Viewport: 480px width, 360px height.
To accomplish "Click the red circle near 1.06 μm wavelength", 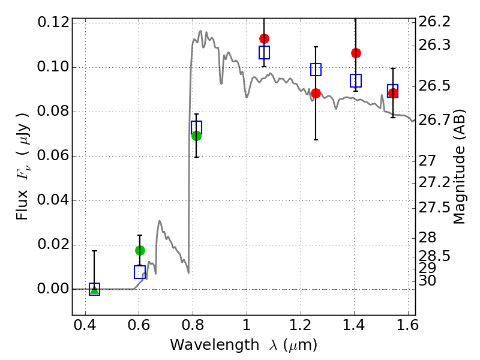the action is pyautogui.click(x=264, y=38).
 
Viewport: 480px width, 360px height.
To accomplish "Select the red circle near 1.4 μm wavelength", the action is pyautogui.click(x=356, y=53).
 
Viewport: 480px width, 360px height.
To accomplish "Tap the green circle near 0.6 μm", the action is pyautogui.click(x=140, y=250).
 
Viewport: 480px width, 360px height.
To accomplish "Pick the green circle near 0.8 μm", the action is pyautogui.click(x=197, y=136).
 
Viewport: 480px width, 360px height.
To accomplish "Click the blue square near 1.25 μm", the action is pyautogui.click(x=316, y=70).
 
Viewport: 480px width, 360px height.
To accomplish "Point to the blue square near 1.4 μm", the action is pyautogui.click(x=356, y=80).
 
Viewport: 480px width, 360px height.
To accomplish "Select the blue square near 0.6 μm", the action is pyautogui.click(x=140, y=272).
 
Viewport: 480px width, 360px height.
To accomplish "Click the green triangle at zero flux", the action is pyautogui.click(x=95, y=290).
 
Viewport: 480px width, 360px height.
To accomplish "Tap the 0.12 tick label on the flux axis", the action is pyautogui.click(x=53, y=22).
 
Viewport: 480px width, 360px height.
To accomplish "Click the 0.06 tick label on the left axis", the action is pyautogui.click(x=53, y=156).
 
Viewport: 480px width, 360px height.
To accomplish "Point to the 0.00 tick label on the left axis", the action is pyautogui.click(x=53, y=289).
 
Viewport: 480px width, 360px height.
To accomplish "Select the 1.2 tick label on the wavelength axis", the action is pyautogui.click(x=301, y=325).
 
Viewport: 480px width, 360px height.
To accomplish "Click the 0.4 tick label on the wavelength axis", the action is pyautogui.click(x=85, y=325).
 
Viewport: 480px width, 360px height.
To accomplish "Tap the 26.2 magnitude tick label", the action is pyautogui.click(x=434, y=22).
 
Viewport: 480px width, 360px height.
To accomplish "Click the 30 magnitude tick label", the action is pyautogui.click(x=427, y=281).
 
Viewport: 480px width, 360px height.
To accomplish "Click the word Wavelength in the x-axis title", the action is pyautogui.click(x=215, y=345).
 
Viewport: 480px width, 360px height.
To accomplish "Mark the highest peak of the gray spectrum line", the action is pyautogui.click(x=200, y=31).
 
